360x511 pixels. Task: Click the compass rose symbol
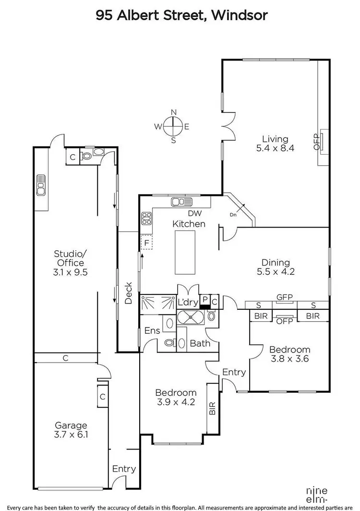pos(173,126)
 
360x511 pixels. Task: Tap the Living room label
pos(275,139)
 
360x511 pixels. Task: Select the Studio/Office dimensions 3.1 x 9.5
pos(69,272)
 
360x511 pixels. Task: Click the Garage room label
pos(71,425)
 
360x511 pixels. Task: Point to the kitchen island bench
pos(185,252)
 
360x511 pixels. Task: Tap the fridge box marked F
pos(145,243)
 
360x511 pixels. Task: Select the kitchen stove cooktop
pos(146,219)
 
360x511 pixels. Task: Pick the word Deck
pos(129,292)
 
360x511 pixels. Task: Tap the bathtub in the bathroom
pos(191,317)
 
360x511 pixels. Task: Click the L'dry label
pos(187,303)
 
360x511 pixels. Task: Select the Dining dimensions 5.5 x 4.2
pos(275,271)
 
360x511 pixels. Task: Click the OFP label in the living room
pos(316,141)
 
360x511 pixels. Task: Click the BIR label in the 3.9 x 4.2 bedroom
pos(212,408)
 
